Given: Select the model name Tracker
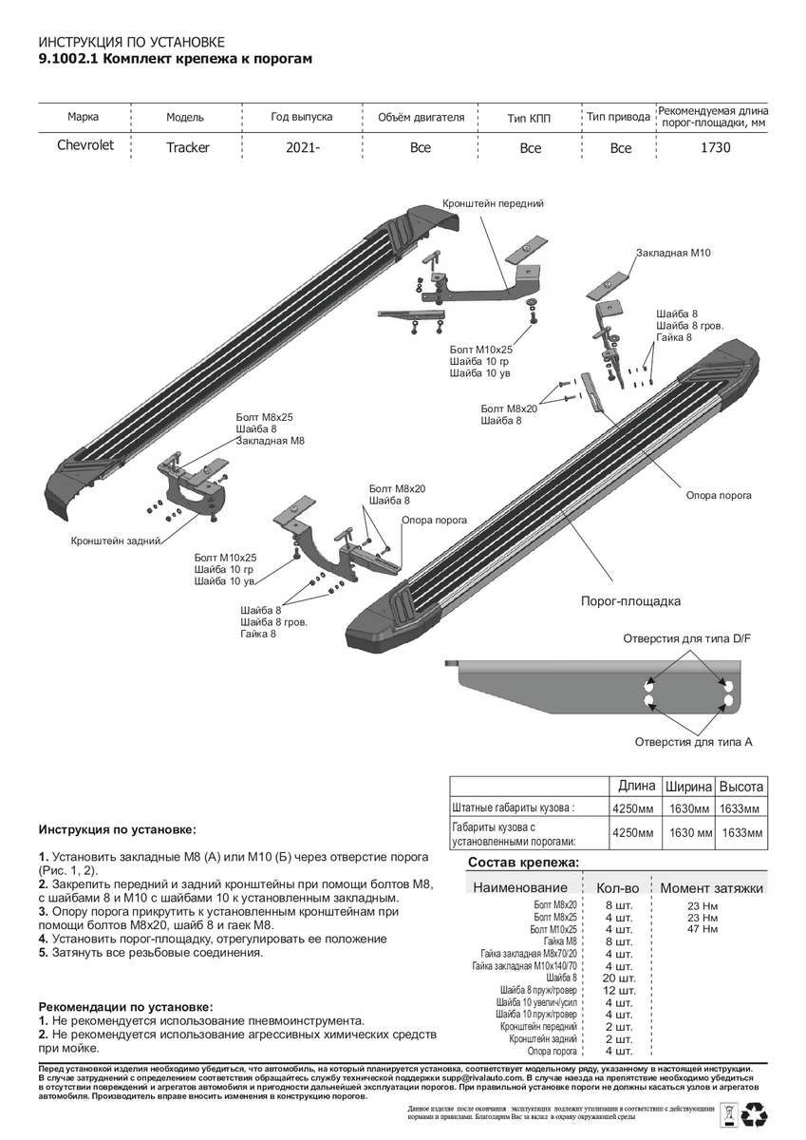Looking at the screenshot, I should tap(188, 148).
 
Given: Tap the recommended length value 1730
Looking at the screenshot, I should tap(715, 148).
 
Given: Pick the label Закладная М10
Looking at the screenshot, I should tap(674, 253).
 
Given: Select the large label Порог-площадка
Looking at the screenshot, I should tap(630, 601).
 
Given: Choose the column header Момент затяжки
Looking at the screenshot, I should tap(711, 887).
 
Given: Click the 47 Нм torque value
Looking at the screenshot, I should tap(702, 928).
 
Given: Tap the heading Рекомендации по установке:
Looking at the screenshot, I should tap(125, 1006).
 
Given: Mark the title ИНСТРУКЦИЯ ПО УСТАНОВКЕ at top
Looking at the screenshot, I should tap(131, 43).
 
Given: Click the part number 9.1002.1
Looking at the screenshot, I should tap(66, 59).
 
